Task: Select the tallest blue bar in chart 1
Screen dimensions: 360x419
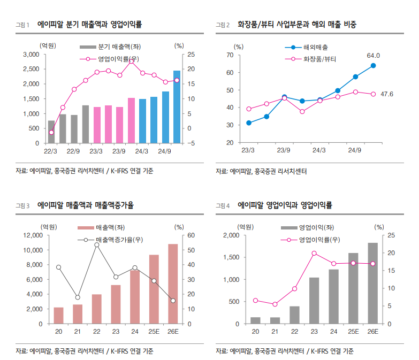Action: pyautogui.click(x=177, y=106)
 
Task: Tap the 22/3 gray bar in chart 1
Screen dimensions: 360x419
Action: pyautogui.click(x=51, y=132)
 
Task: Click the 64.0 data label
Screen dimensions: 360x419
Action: pyautogui.click(x=373, y=55)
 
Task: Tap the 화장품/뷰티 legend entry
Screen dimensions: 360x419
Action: pyautogui.click(x=319, y=59)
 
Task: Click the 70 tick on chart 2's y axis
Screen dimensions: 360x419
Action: pyautogui.click(x=231, y=55)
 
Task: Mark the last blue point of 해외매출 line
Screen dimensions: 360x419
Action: pyautogui.click(x=373, y=66)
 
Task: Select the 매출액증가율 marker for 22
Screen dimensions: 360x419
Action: pyautogui.click(x=97, y=244)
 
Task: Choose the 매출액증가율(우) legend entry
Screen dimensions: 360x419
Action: pyautogui.click(x=119, y=239)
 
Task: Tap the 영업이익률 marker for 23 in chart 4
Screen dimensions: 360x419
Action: pyautogui.click(x=314, y=253)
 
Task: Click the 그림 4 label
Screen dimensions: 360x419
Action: pyautogui.click(x=222, y=205)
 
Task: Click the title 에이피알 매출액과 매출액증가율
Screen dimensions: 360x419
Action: pyautogui.click(x=86, y=205)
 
